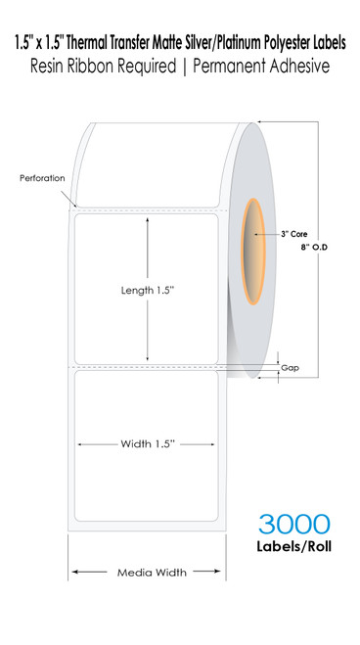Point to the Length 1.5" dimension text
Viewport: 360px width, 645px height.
147,291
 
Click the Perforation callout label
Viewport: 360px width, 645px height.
42,179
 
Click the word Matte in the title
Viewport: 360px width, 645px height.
159,15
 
